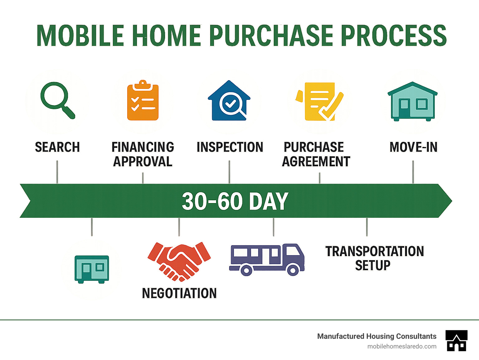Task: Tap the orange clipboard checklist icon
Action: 143,100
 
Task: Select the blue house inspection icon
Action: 229,100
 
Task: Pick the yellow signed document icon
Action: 319,101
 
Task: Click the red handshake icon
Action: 179,261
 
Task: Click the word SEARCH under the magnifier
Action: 57,147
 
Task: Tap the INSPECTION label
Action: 230,147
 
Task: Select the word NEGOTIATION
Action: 179,293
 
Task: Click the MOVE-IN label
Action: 414,147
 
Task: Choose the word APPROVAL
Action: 143,162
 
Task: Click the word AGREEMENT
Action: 316,162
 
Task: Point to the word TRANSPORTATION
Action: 375,251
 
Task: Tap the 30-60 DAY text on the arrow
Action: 235,201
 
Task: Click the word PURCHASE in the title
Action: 273,36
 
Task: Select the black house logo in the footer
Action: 457,341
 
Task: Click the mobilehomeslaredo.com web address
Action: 402,347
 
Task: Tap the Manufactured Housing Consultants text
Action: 377,336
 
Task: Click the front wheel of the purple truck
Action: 293,270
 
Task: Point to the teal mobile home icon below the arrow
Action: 92,270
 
